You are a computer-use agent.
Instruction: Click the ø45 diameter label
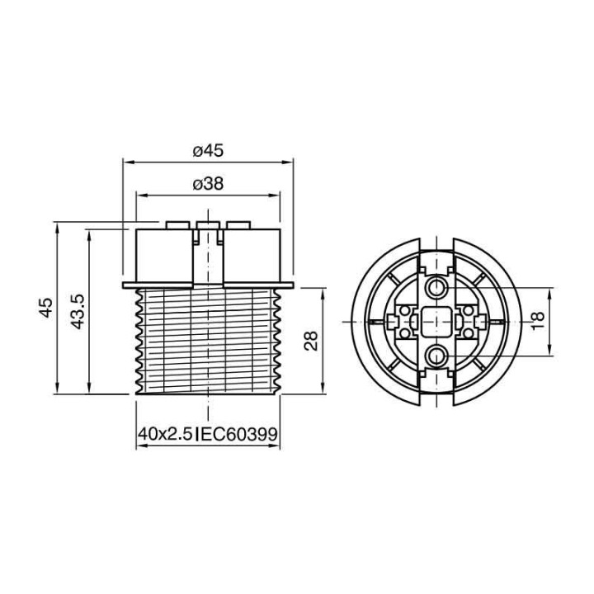coord(208,150)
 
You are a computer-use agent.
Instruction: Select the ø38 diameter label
coord(208,185)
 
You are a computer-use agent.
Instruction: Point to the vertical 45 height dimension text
coord(46,308)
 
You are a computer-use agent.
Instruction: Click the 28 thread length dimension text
coord(311,341)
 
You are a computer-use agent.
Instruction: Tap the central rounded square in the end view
coord(436,321)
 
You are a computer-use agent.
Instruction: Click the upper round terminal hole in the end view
coord(436,286)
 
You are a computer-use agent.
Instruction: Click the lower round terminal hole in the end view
coord(436,356)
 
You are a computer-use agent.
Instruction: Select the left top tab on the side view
coord(177,224)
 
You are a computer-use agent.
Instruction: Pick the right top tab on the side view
coord(238,224)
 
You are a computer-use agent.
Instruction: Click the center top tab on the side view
coord(208,224)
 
